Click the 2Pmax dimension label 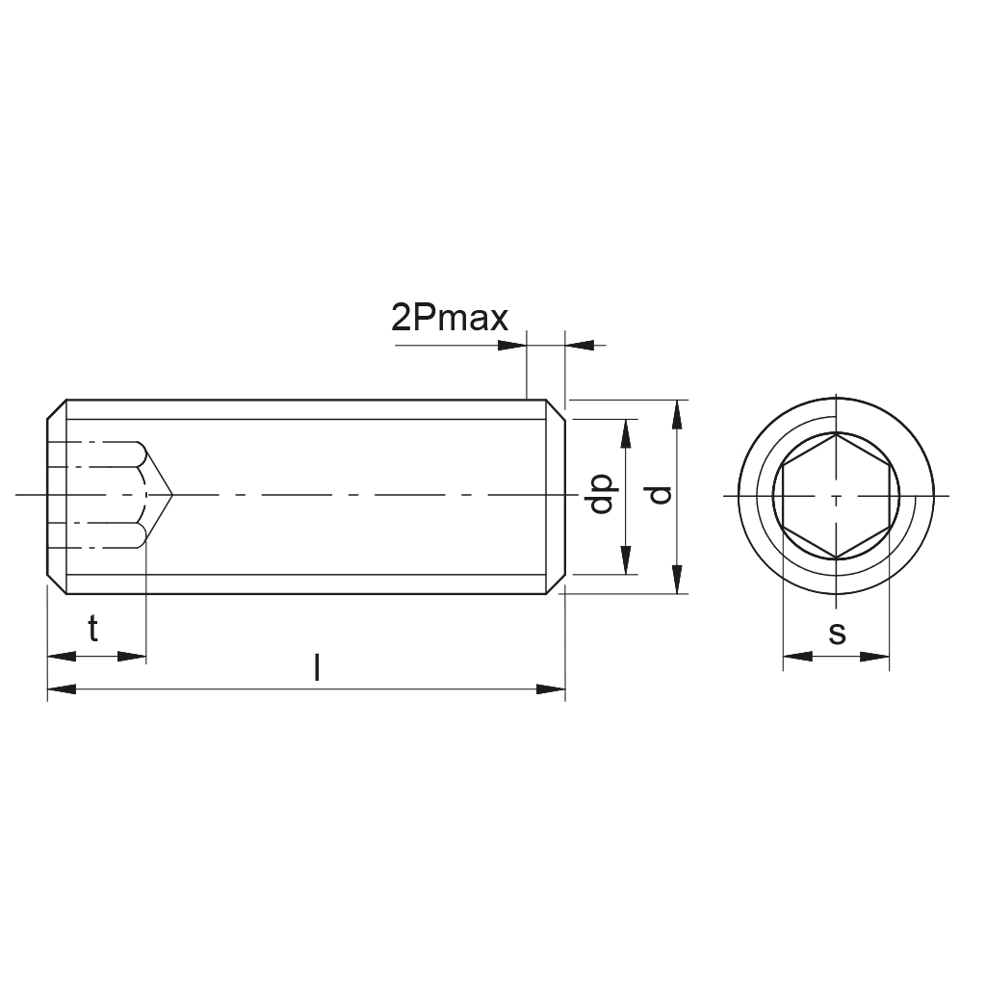(449, 318)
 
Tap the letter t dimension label (93, 628)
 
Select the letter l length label (317, 667)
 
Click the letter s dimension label (837, 634)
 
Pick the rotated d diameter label (661, 495)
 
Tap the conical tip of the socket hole (171, 495)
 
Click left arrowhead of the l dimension (62, 689)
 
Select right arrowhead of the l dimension (551, 689)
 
